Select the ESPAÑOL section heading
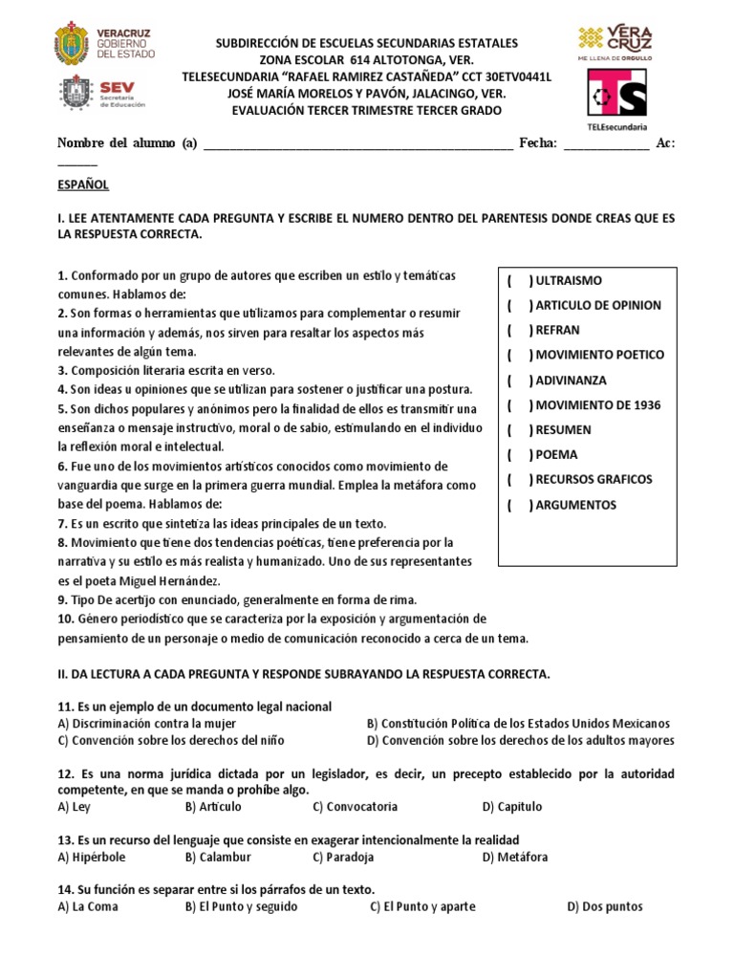coord(83,184)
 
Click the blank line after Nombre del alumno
coord(358,145)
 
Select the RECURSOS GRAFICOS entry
coord(594,480)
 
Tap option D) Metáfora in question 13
coord(515,857)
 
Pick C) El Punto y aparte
coord(422,906)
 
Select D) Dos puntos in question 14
coord(604,906)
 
